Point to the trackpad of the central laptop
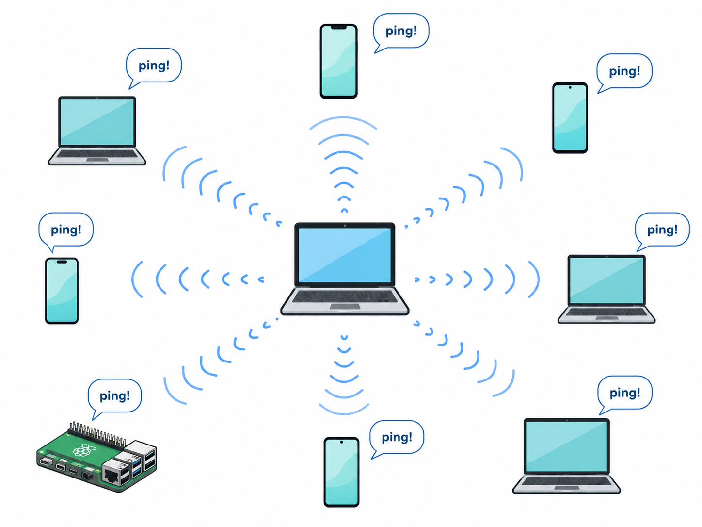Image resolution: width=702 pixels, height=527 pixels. point(345,307)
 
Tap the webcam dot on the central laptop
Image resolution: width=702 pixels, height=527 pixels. point(345,226)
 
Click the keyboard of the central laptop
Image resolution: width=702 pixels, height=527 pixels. point(345,296)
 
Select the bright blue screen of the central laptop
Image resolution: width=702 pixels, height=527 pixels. point(345,255)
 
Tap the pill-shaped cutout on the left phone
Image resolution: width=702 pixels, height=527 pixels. point(62,262)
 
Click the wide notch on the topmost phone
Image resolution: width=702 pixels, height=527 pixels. point(339,28)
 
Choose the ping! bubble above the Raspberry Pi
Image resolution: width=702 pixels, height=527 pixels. point(115,399)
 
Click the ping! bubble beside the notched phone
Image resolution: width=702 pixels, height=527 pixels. point(401,33)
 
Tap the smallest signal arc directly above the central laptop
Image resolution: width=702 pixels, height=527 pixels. point(344,210)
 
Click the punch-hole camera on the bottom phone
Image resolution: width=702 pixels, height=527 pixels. point(342,442)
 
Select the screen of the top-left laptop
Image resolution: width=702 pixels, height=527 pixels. point(97,122)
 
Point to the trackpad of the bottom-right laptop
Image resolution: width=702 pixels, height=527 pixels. point(567,488)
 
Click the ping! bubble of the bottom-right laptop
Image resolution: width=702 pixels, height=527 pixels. point(624,395)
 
